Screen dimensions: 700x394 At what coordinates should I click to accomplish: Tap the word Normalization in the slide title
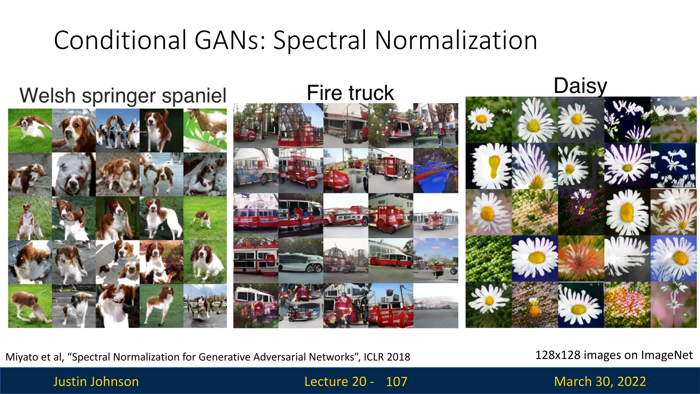coord(456,40)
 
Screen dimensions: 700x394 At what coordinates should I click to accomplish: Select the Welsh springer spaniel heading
coord(123,96)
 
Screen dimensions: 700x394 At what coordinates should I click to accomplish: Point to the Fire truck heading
coord(350,93)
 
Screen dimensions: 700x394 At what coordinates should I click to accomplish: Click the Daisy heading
coord(580,86)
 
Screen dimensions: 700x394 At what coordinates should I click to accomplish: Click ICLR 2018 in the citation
coord(387,357)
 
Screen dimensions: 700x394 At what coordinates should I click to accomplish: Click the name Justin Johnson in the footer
coord(96,382)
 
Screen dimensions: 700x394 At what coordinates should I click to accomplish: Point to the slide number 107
coord(396,382)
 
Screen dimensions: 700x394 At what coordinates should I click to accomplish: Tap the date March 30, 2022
coord(600,382)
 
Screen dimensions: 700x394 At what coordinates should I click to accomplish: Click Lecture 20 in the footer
coord(335,382)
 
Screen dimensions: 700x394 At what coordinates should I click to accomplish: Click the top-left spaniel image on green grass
coord(30,130)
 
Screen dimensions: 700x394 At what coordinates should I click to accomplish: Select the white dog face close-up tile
coord(74,174)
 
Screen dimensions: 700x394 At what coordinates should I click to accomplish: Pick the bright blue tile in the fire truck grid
coord(436,171)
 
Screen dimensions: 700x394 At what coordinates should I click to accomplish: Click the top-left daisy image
coord(489,120)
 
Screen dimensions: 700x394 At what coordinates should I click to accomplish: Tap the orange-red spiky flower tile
coord(581,258)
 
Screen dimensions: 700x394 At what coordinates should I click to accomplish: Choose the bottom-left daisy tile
coord(489,305)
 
